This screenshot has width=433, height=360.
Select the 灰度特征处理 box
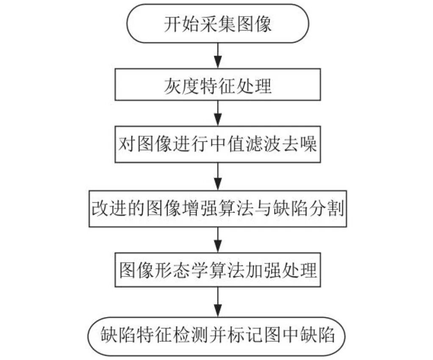(217, 87)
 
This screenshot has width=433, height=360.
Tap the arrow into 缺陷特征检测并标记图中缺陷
(217, 301)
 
